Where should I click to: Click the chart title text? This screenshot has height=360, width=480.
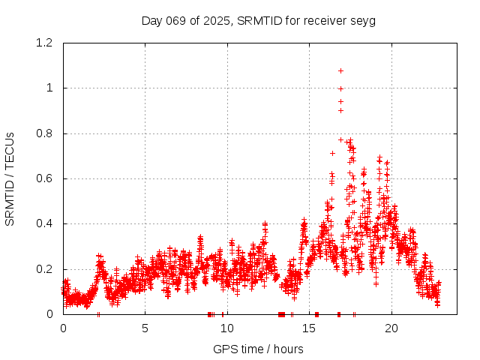[x=259, y=20]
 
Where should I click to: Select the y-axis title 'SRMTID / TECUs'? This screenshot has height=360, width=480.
[x=10, y=178]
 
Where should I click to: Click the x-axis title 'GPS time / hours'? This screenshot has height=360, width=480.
[x=259, y=349]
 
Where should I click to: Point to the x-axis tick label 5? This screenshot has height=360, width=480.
[x=145, y=328]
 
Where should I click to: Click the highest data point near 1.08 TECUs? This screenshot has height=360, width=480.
[x=340, y=71]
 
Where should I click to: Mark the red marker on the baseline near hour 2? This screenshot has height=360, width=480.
[x=99, y=314]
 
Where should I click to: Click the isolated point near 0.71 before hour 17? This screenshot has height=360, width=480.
[x=332, y=153]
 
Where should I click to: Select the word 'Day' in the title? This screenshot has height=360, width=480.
[x=151, y=20]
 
